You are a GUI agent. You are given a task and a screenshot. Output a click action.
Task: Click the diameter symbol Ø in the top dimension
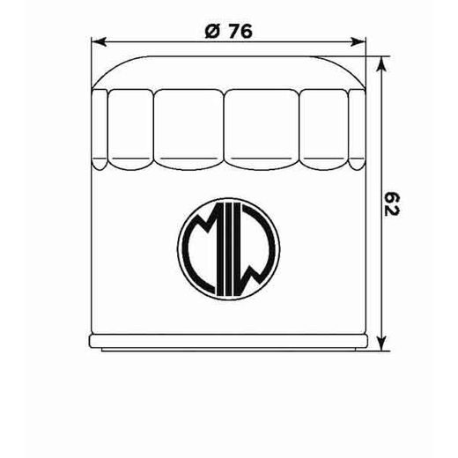pyautogui.click(x=212, y=31)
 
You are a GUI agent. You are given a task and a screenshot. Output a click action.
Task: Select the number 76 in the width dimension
pyautogui.click(x=240, y=31)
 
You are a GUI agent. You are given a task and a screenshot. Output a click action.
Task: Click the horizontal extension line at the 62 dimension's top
pyautogui.click(x=374, y=60)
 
